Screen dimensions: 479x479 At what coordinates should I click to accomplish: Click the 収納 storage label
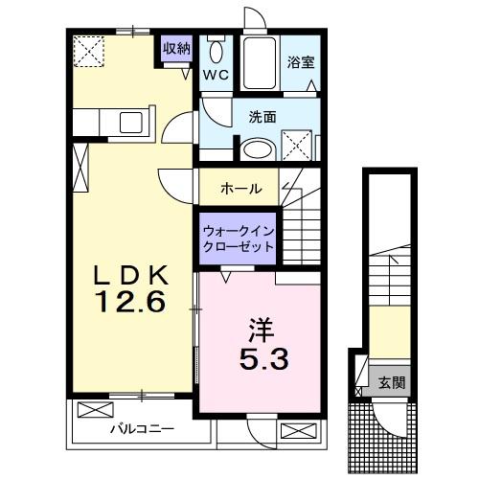tap(176, 48)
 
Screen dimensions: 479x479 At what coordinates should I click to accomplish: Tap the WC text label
tap(214, 74)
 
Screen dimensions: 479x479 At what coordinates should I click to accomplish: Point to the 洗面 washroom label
tap(262, 117)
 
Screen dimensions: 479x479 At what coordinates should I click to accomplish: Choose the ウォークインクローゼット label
tap(238, 238)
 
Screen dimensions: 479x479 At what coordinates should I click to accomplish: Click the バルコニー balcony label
tap(134, 427)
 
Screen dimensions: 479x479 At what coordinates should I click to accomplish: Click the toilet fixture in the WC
tap(217, 52)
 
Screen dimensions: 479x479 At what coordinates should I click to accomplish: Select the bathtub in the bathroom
tap(258, 62)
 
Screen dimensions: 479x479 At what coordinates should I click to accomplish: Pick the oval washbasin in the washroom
tap(255, 149)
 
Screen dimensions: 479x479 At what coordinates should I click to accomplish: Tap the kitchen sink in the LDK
tap(129, 124)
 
